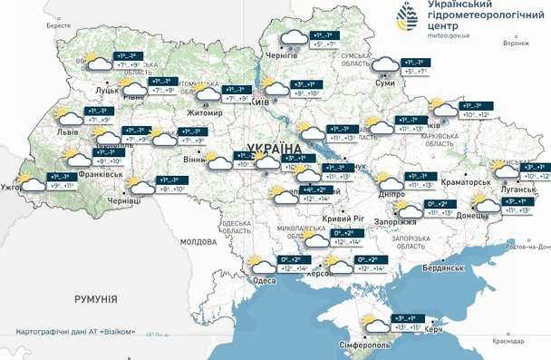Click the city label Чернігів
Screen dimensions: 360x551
point(281,55)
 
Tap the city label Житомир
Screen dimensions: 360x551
point(205,113)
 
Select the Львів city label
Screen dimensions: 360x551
point(68,132)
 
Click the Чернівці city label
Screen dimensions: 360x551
point(124,200)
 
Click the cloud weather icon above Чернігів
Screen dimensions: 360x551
point(293,38)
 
